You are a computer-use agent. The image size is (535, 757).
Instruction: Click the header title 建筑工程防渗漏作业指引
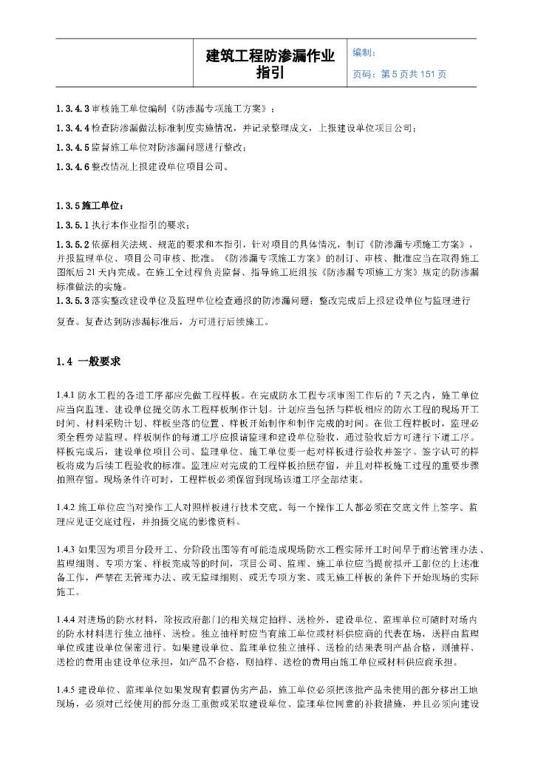pos(270,64)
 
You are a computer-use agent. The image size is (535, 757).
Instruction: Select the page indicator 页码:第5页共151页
pos(400,74)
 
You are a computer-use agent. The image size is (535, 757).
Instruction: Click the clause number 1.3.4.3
pos(73,109)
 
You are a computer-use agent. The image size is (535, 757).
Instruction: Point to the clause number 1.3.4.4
pos(73,129)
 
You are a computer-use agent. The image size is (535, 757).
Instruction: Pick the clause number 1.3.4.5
pos(73,147)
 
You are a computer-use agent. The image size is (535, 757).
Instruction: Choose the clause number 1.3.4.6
pos(73,166)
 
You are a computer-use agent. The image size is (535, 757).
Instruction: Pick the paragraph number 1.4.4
pos(66,618)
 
